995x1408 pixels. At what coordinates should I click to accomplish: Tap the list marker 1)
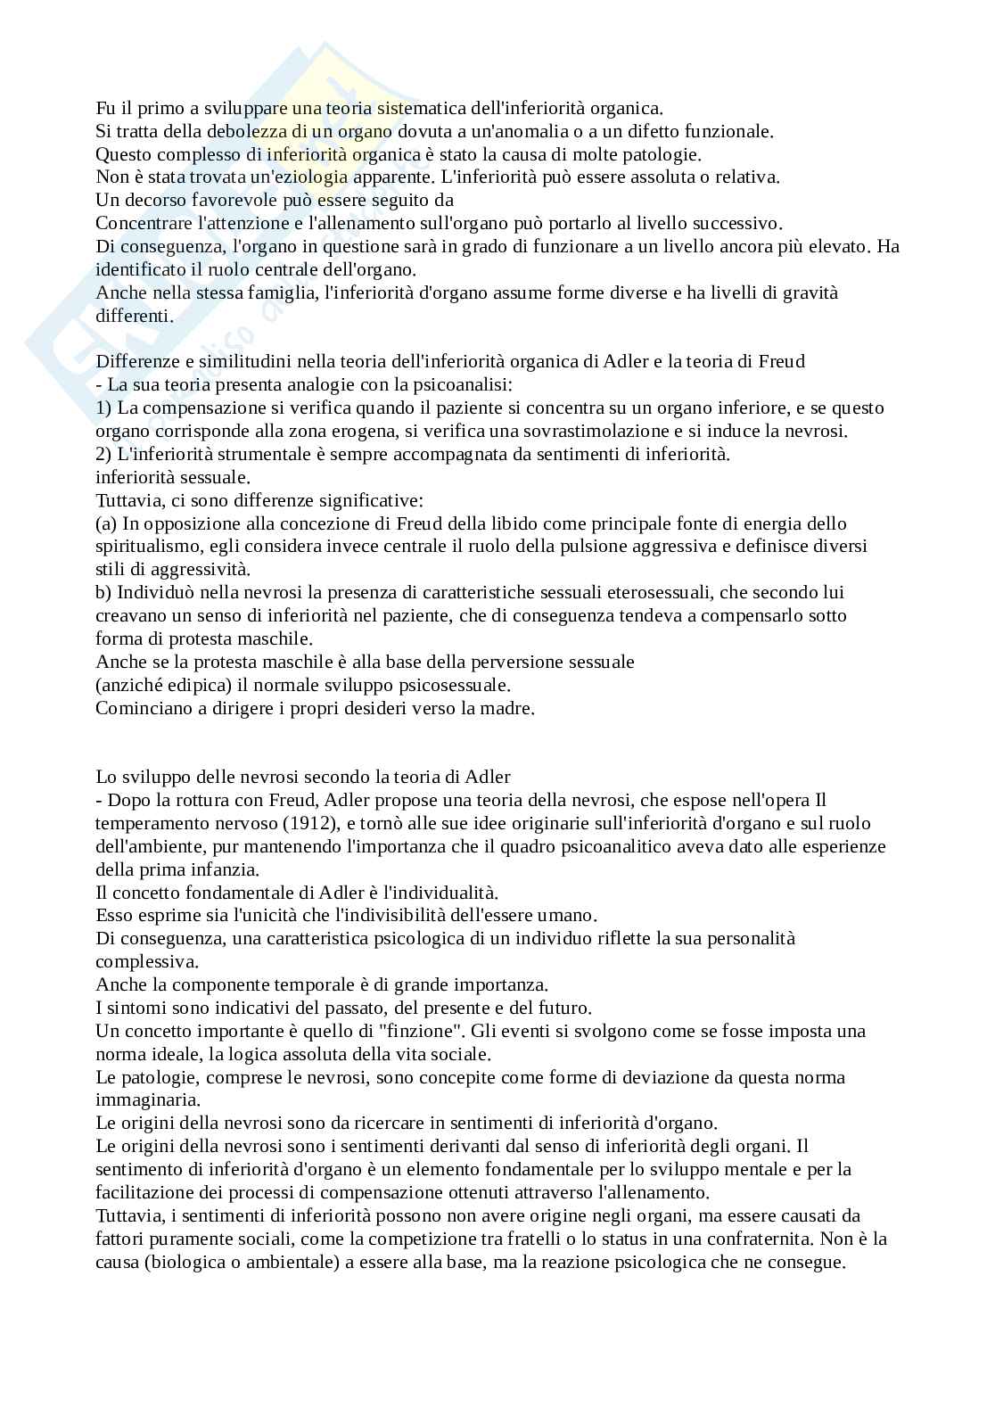pyautogui.click(x=103, y=408)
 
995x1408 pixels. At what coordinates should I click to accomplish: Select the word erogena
pyautogui.click(x=420, y=432)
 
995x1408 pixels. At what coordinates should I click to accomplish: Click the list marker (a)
pyautogui.click(x=106, y=523)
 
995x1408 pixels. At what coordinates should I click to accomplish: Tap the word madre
pyautogui.click(x=509, y=709)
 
